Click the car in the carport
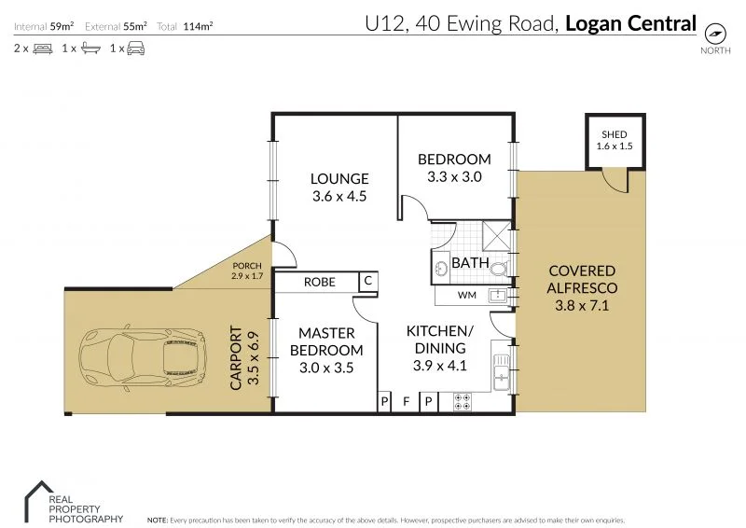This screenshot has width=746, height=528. point(143,358)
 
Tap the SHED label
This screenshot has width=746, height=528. point(615,134)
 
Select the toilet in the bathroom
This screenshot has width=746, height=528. point(499,269)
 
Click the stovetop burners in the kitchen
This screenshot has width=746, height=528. point(462,401)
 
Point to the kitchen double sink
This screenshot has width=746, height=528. point(501,372)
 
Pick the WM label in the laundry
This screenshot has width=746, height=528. point(467,295)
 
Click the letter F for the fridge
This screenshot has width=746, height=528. point(406,402)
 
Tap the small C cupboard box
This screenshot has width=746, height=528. point(367,281)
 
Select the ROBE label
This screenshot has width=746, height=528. point(320,283)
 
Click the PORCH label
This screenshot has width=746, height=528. point(247,266)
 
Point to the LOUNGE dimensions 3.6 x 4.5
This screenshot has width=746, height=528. point(339,196)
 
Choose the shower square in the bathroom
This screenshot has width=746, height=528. point(496,236)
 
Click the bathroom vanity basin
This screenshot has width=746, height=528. point(440,269)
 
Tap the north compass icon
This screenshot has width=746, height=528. point(715,34)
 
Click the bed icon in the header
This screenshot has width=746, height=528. point(43,49)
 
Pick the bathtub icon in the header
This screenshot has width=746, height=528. point(90,49)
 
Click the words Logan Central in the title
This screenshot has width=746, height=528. point(631,24)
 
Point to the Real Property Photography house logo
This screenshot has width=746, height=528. point(39,501)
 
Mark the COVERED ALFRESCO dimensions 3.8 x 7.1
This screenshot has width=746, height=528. point(582,305)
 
